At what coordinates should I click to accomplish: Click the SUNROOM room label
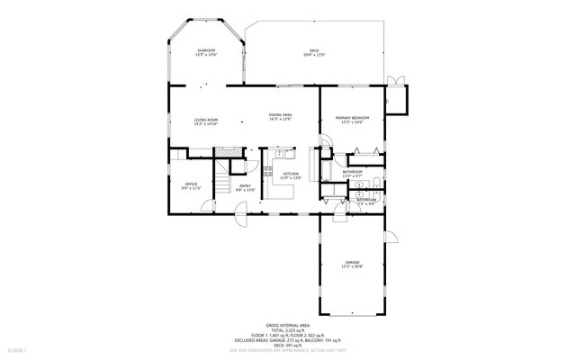(205, 53)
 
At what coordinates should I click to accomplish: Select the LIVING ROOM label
(206, 121)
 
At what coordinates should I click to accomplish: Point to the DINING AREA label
(280, 117)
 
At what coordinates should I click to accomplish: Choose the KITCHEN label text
(291, 175)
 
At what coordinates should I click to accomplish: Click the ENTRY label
(245, 188)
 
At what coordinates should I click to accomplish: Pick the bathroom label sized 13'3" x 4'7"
(352, 173)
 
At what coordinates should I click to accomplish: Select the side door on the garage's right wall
(390, 238)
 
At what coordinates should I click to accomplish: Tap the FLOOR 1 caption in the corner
(18, 348)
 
